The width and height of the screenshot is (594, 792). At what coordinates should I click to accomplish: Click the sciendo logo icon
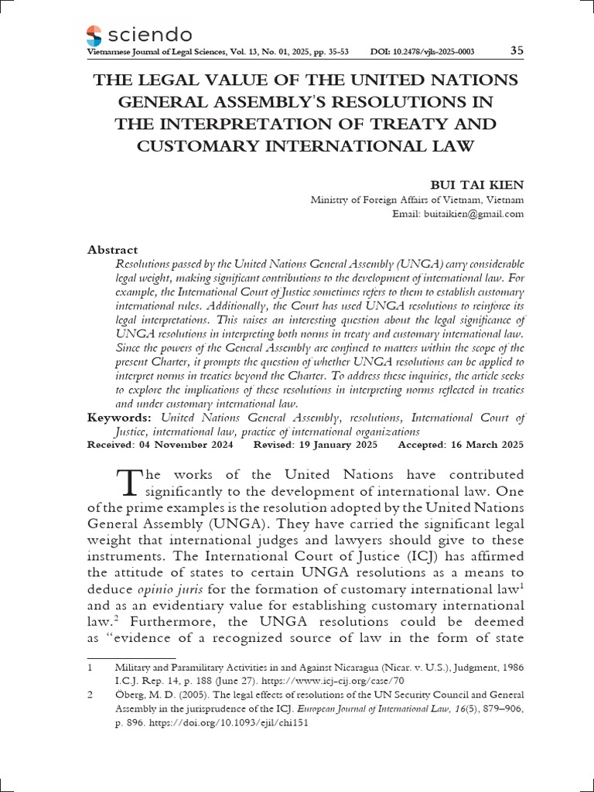94,35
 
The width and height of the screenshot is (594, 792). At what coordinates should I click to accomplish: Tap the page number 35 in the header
517,52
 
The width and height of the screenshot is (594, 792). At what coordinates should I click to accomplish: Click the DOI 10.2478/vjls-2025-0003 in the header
422,53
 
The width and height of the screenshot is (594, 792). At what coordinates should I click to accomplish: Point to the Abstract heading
113,250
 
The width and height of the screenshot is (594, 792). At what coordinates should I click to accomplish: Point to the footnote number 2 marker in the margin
90,695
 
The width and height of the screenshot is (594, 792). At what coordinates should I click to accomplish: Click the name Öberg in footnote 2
128,695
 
